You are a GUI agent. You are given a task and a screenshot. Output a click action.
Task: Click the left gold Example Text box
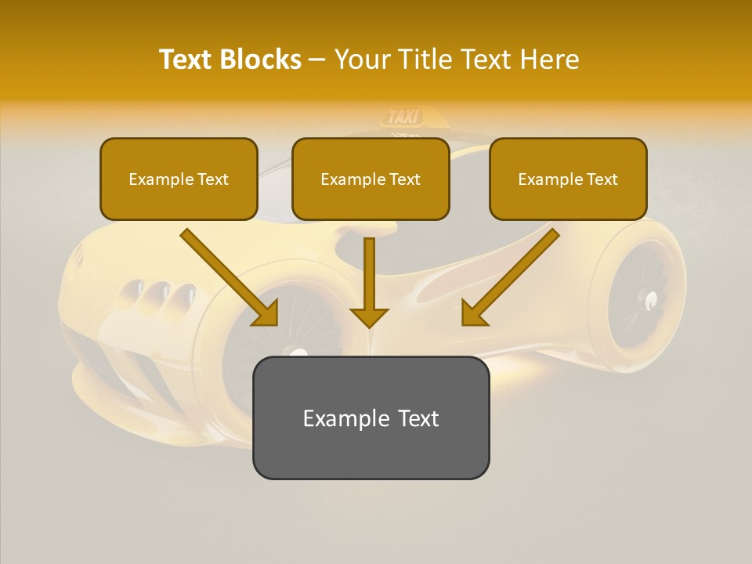[x=179, y=179]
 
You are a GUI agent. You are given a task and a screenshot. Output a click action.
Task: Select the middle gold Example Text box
[x=371, y=179]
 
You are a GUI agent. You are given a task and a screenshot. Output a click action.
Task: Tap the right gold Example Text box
[x=568, y=179]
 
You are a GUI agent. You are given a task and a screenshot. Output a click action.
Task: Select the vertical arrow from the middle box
[x=369, y=274]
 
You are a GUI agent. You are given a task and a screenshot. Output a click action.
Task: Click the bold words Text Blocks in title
[x=230, y=60]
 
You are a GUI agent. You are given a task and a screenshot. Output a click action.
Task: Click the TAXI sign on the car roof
[x=404, y=117]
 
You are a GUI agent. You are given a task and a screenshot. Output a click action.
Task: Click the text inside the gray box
[x=371, y=418]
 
